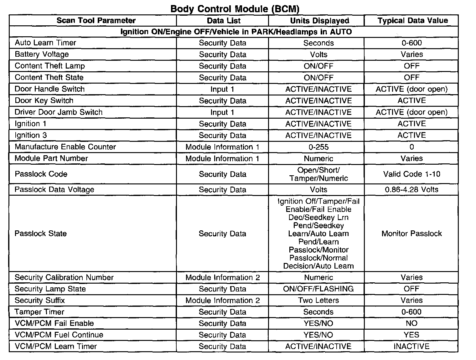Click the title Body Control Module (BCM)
point(235,8)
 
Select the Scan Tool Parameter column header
point(96,21)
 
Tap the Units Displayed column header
point(319,21)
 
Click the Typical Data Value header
point(412,21)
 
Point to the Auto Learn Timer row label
point(45,43)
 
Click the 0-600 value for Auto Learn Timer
point(411,43)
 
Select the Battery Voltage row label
point(42,54)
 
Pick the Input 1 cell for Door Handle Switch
point(222,89)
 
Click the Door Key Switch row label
point(44,100)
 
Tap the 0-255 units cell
point(318,147)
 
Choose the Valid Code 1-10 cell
point(411,174)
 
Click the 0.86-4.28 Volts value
point(411,189)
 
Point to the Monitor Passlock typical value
point(411,234)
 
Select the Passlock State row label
point(41,234)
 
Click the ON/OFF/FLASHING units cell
point(318,289)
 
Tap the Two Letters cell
point(318,300)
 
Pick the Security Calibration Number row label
point(64,277)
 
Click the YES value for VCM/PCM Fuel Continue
point(411,335)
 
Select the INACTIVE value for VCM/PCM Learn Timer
point(411,346)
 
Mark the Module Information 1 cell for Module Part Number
point(222,158)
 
